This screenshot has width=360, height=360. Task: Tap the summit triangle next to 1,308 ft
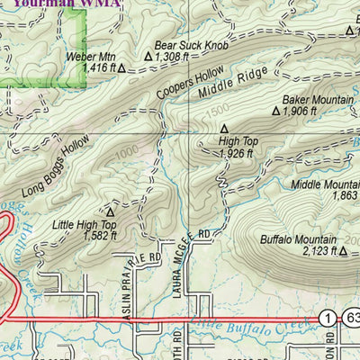click(149, 55)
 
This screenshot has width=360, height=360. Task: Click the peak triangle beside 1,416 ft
click(116, 67)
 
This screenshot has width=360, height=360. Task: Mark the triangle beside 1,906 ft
click(276, 112)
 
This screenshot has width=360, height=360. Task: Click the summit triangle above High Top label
click(224, 128)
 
